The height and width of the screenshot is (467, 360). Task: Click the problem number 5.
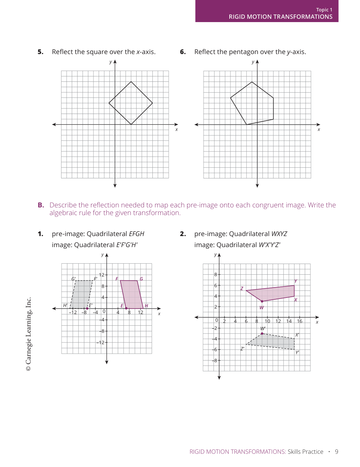coord(40,52)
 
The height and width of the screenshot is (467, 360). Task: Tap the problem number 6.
coord(183,52)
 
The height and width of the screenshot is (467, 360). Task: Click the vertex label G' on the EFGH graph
coord(74,279)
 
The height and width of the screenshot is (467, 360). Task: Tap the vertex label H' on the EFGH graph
coord(66,305)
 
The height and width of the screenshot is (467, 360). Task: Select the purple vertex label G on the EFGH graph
coord(141,279)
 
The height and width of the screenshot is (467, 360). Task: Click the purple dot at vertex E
coord(126,308)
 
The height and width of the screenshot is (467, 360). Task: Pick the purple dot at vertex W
coord(262,301)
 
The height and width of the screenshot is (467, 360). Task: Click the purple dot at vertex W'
coord(262,334)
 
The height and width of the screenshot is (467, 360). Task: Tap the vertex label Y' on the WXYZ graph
coord(297,352)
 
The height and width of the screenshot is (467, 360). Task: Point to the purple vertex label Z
coord(242,289)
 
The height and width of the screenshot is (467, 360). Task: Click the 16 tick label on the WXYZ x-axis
coord(300,321)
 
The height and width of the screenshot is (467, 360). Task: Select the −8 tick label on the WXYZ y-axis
coord(215,360)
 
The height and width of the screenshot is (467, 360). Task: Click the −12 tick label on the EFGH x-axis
coord(73,313)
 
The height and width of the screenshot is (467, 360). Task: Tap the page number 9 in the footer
coord(336,452)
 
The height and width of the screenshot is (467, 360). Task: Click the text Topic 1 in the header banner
coord(324,10)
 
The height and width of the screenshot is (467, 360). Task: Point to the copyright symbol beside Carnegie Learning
coord(29,368)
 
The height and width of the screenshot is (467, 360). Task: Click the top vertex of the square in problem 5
coord(131,82)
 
